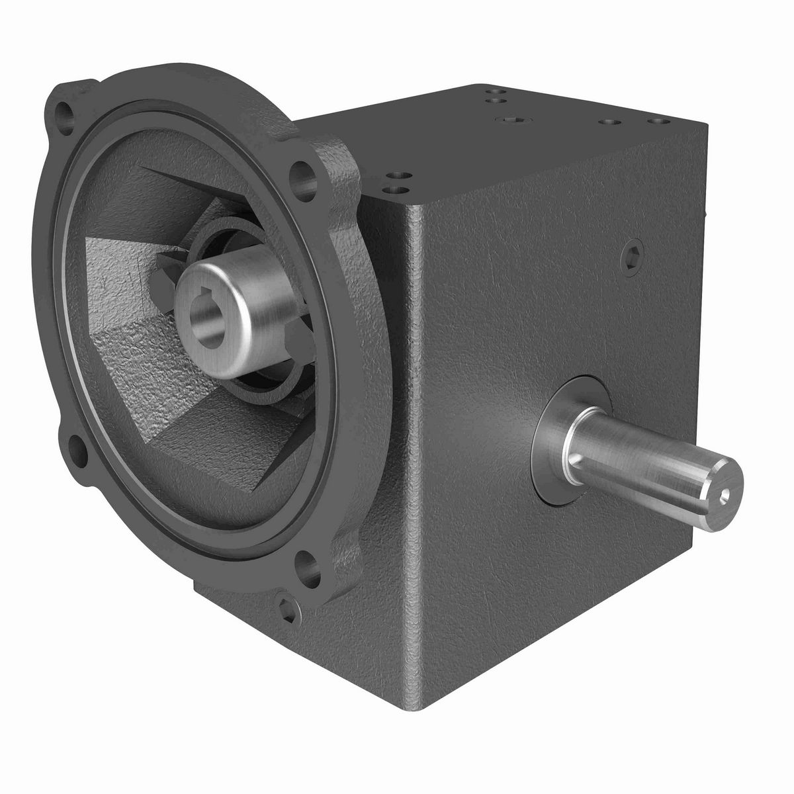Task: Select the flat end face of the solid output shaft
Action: click(722, 493)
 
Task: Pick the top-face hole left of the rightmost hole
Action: click(608, 122)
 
